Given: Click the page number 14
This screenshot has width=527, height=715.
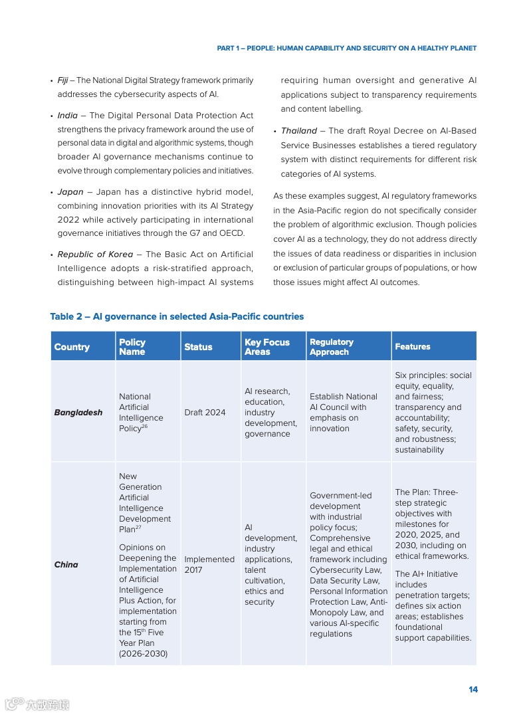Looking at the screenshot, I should [473, 690].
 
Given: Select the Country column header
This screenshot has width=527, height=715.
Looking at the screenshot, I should [72, 347].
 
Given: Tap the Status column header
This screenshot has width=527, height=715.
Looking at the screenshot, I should [198, 347].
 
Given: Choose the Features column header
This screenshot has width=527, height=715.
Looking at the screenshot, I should [412, 347].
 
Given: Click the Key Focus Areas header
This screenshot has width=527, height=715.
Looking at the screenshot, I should [266, 347].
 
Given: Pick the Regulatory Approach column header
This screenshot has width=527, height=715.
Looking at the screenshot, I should [331, 347].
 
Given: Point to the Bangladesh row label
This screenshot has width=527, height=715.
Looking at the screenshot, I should [78, 413].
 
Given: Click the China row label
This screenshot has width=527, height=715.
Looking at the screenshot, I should [66, 565].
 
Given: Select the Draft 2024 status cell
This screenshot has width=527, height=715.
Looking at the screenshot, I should [205, 413].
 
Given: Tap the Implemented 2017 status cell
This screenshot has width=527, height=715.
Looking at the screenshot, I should [209, 565].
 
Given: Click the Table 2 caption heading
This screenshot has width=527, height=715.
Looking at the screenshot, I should [177, 316].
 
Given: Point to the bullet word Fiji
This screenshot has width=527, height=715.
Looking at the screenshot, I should [62, 80].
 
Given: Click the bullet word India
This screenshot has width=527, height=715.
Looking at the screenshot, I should [67, 116].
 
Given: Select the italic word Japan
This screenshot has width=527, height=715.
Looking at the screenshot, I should [70, 192].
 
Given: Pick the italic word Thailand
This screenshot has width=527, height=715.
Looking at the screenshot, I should [298, 131].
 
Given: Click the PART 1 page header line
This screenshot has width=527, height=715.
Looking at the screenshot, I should [347, 49].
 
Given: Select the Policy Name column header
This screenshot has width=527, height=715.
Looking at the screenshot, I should [132, 347].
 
